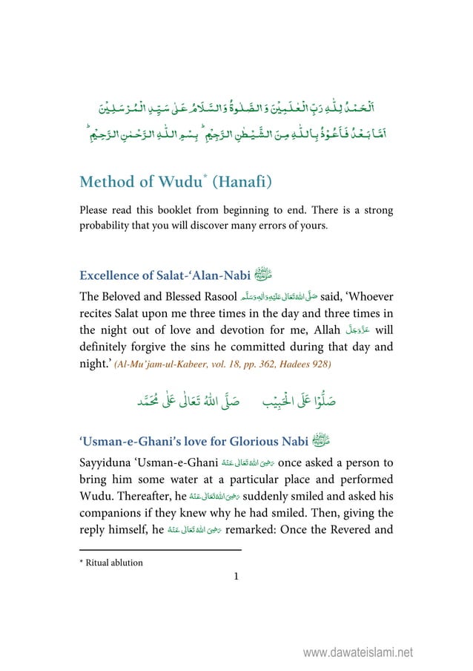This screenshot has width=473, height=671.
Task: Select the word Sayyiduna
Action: pyautogui.click(x=107, y=464)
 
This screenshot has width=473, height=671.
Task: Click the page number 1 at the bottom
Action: pyautogui.click(x=236, y=576)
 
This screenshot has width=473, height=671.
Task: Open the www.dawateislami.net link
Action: pyautogui.click(x=361, y=653)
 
